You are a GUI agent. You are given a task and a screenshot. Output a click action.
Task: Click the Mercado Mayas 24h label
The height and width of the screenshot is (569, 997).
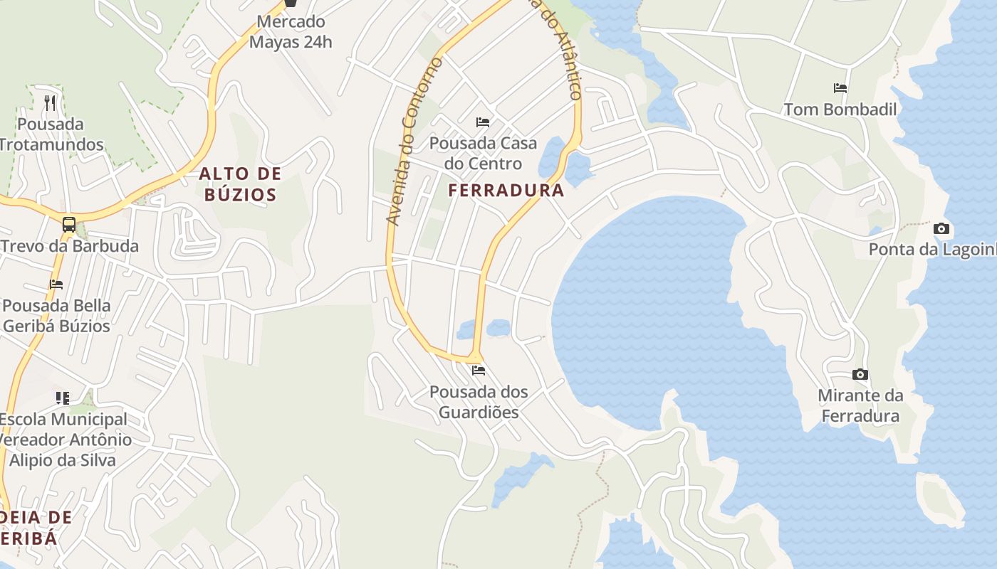(291, 32)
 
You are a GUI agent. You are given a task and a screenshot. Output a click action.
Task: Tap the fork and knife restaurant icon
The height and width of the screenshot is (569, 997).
(50, 103)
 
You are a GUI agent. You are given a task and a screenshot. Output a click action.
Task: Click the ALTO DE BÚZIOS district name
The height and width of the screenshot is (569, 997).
(240, 184)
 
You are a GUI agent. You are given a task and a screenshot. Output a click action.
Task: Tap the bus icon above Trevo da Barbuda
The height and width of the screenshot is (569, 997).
(69, 225)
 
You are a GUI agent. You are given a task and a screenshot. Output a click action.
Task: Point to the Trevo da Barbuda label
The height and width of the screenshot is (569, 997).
(69, 246)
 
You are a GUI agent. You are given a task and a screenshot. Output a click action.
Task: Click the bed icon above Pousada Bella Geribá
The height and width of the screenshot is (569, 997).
(56, 284)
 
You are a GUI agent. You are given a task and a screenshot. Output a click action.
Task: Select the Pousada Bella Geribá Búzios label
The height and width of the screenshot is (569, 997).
(57, 316)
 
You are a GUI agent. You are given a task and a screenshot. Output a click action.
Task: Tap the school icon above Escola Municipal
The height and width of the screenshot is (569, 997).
(63, 398)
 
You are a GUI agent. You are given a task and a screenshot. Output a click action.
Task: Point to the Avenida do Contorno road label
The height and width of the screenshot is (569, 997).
(413, 142)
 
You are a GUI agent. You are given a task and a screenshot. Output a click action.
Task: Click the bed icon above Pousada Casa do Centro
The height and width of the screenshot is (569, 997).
(483, 122)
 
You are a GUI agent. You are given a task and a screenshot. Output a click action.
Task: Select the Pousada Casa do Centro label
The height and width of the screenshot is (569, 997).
(483, 153)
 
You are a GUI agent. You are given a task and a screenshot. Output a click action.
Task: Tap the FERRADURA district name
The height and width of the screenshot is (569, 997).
(506, 190)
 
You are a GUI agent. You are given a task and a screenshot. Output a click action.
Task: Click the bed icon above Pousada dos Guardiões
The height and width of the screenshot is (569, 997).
(479, 371)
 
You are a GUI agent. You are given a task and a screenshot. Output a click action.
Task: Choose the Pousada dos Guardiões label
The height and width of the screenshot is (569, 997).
(479, 402)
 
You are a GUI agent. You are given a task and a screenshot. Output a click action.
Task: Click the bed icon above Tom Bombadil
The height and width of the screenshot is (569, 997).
(840, 88)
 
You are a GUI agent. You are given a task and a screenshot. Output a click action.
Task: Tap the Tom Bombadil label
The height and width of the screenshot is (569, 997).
(840, 109)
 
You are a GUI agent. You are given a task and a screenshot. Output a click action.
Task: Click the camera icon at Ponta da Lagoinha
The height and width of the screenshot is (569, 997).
(941, 228)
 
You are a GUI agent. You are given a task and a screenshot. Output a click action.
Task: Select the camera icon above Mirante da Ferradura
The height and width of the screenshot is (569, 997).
(860, 374)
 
